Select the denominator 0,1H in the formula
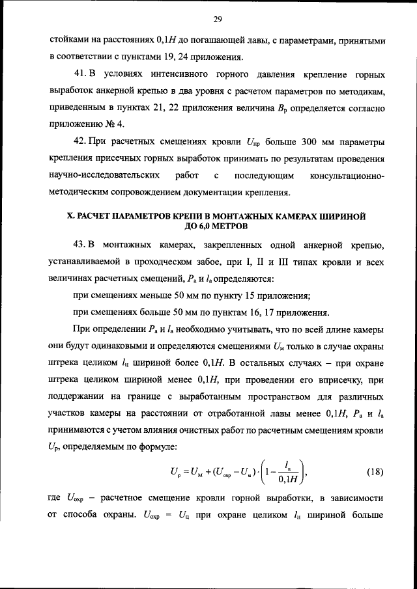tap(283, 481)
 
